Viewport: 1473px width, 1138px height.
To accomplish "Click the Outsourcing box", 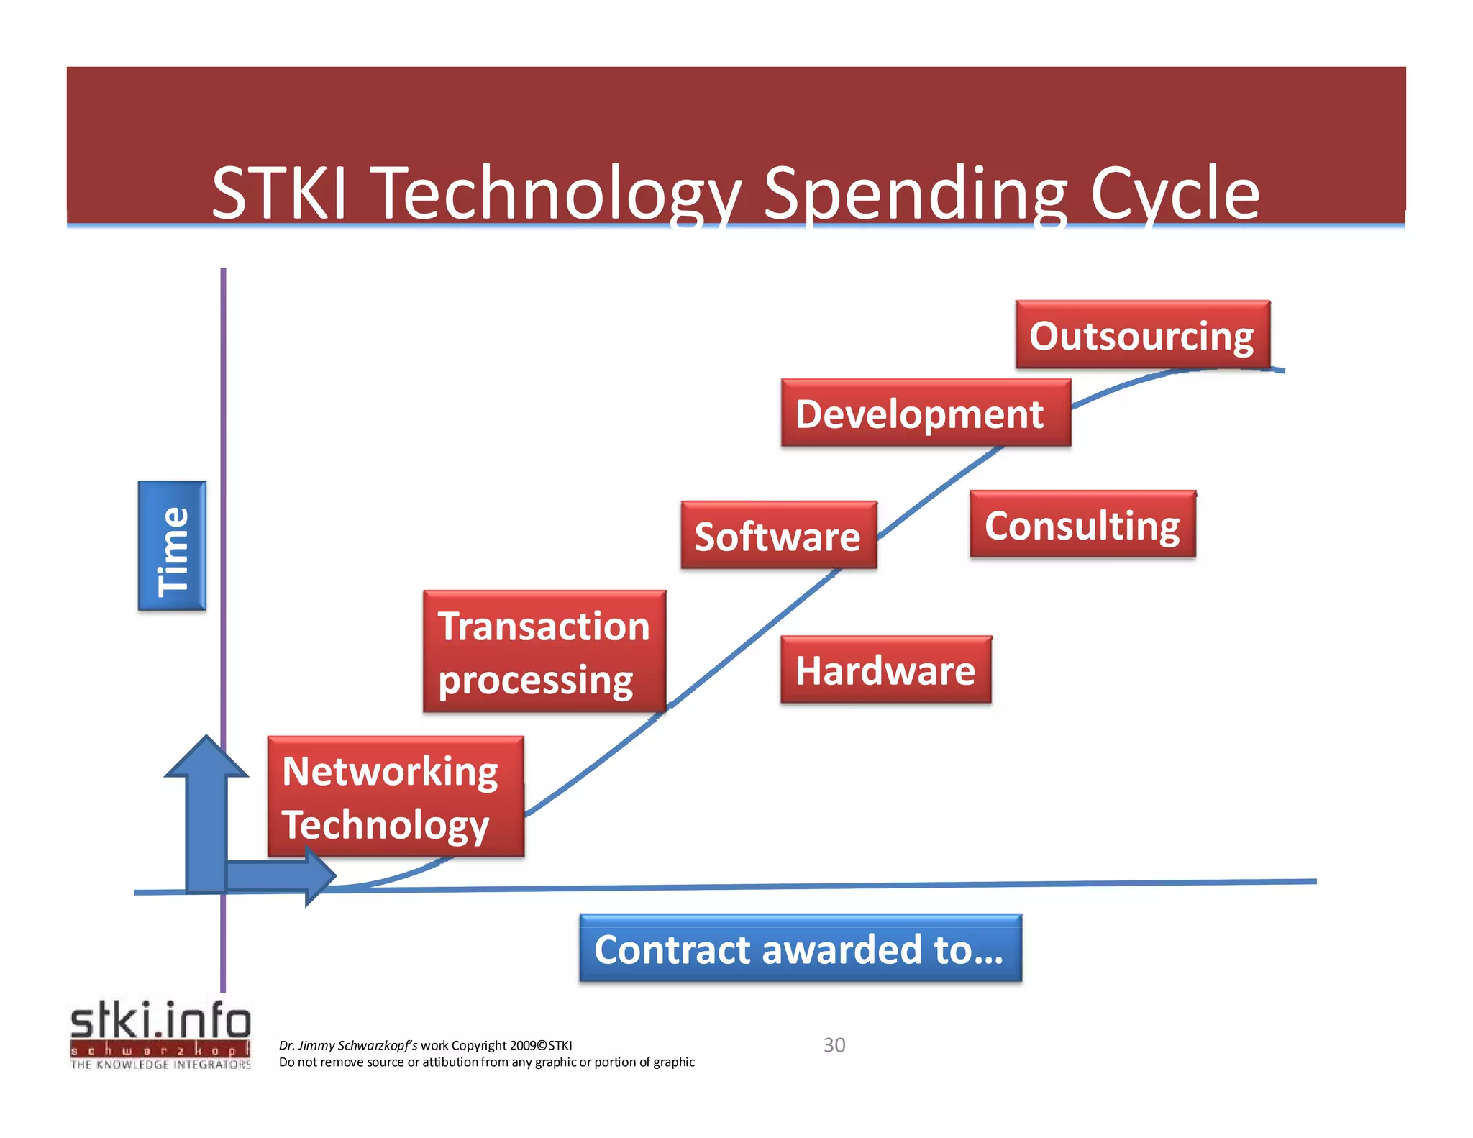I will (x=1142, y=335).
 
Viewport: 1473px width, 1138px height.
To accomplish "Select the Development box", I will (x=926, y=414).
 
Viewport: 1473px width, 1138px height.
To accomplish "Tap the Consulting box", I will (x=1082, y=525).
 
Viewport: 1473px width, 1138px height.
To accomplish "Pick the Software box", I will (x=778, y=536).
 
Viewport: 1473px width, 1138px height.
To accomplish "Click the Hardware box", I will (x=885, y=670).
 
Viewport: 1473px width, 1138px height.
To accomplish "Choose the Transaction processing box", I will (x=544, y=652).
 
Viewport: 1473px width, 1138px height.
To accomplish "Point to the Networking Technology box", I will (x=395, y=796).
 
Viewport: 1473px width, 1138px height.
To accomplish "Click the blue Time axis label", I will (x=172, y=546).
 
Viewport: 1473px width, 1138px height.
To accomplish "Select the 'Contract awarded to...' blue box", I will (x=800, y=949).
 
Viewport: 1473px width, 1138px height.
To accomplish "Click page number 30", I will (x=834, y=1044).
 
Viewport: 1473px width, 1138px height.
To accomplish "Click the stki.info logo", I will (x=160, y=1021).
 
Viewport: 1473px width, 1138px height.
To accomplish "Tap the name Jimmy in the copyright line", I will (x=316, y=1045).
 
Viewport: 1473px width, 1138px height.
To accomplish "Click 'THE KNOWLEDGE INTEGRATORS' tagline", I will (x=160, y=1065).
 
